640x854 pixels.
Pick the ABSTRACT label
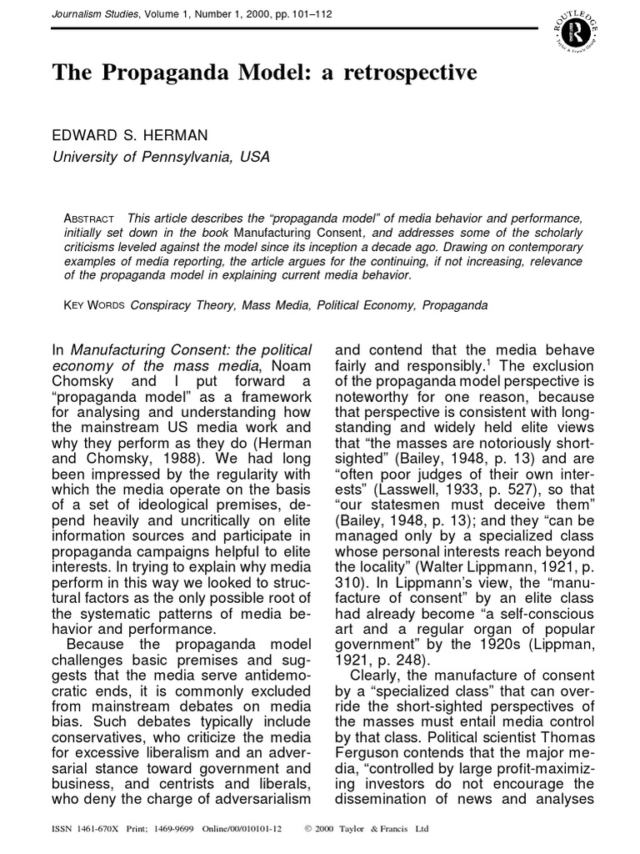point(91,218)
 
